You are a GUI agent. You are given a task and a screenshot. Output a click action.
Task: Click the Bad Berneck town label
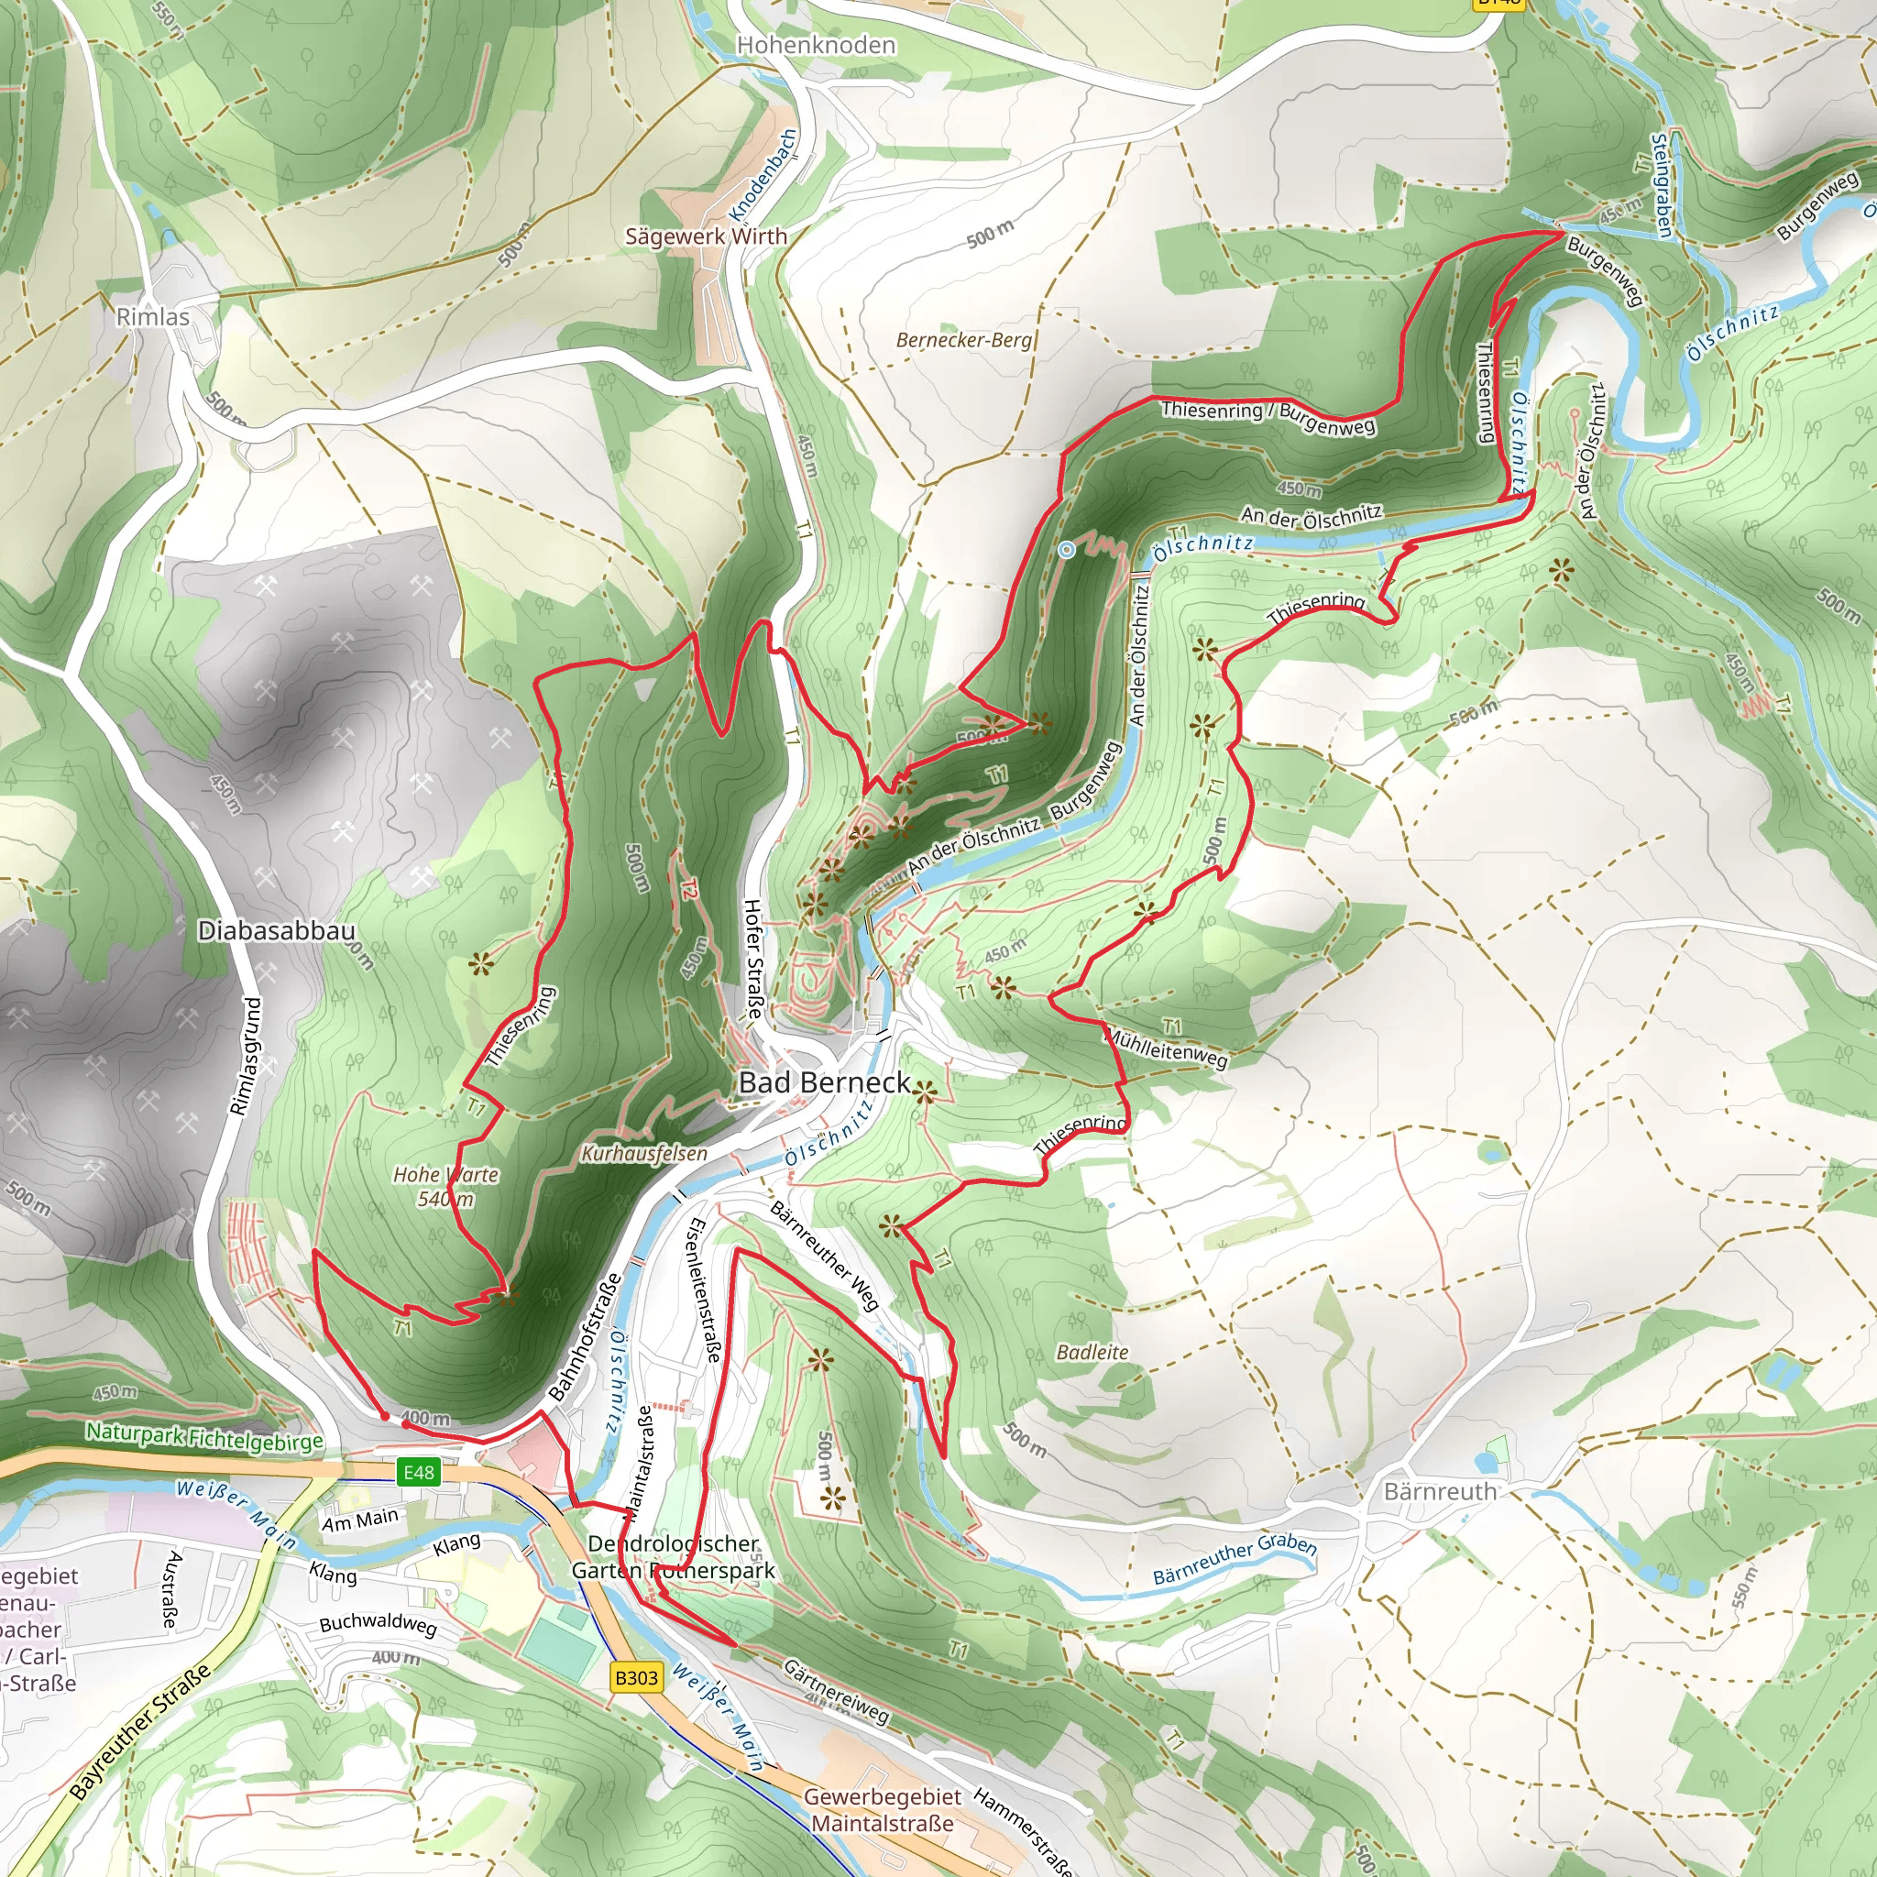point(824,1082)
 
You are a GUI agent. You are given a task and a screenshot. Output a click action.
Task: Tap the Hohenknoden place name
point(815,45)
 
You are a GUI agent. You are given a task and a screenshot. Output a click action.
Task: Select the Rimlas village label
point(152,317)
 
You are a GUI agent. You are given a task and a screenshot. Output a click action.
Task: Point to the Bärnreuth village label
point(1440,1491)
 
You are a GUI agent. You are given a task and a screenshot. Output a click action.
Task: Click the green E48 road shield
point(419,1472)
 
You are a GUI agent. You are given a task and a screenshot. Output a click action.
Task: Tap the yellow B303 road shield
point(636,1677)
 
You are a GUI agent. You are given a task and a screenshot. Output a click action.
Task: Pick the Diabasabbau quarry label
point(276,931)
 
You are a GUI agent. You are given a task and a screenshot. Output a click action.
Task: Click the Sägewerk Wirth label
point(706,236)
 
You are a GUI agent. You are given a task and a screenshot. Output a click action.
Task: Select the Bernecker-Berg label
point(963,340)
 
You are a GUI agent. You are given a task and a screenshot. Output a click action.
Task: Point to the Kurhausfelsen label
point(644,1153)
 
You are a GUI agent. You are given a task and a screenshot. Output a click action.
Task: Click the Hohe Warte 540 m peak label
point(446,1186)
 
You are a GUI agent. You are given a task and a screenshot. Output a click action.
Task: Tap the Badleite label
point(1092,1353)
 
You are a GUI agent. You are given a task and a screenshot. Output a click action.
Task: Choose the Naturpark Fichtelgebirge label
point(204,1436)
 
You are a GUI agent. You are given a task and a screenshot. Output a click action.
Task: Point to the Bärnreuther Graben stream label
point(1234,1559)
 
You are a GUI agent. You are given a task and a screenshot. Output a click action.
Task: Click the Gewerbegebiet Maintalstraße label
point(883,1810)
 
